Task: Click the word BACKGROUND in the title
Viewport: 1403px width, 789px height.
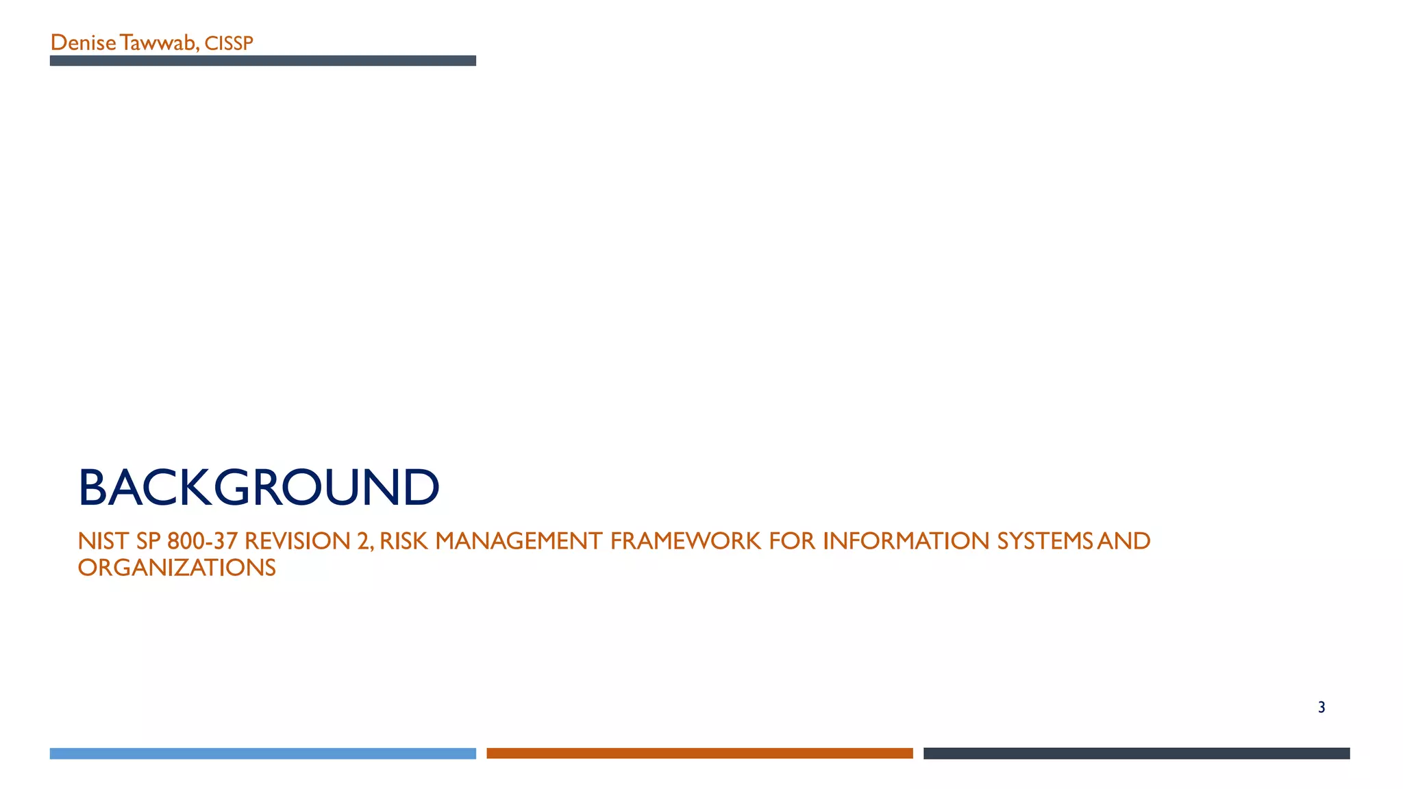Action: click(x=258, y=488)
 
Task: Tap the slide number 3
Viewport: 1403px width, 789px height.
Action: click(x=1321, y=707)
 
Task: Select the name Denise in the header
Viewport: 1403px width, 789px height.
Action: click(x=83, y=43)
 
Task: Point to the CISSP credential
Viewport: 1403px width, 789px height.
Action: click(x=229, y=44)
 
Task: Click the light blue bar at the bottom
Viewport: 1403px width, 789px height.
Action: click(x=262, y=753)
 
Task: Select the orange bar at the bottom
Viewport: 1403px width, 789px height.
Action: click(x=699, y=753)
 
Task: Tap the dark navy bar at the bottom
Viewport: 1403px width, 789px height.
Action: click(x=1137, y=753)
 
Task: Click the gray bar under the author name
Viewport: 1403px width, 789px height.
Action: click(x=262, y=61)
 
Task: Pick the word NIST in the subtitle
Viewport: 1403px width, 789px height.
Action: click(x=103, y=541)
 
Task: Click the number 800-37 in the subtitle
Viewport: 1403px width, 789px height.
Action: click(x=202, y=541)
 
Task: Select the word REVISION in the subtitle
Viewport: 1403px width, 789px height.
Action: click(x=297, y=541)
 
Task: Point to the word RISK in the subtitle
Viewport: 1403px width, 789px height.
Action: click(x=403, y=541)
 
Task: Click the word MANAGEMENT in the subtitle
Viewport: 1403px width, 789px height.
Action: click(x=519, y=541)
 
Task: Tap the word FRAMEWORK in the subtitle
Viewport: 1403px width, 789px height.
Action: click(x=685, y=541)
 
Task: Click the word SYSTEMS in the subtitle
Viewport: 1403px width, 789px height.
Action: click(x=1045, y=541)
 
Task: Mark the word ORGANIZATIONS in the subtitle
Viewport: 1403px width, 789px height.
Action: click(x=177, y=568)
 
